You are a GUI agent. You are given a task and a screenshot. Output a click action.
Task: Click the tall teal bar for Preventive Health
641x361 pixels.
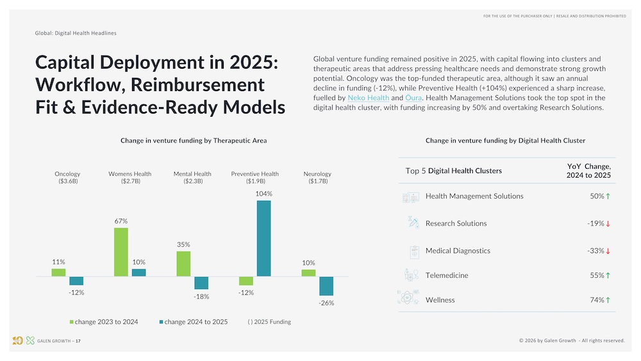tap(263, 239)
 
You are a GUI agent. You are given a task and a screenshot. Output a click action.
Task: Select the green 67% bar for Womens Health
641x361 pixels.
tap(121, 252)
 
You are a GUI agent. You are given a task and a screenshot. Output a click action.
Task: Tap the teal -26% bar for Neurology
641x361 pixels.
tap(326, 286)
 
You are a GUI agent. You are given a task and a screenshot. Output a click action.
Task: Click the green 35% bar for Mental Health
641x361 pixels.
tap(183, 264)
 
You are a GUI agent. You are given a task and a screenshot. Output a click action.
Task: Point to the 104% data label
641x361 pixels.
tap(263, 194)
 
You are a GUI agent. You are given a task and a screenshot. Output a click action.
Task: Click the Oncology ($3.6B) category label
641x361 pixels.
tap(67, 178)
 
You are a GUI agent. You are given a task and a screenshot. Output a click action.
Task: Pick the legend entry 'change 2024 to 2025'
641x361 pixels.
tap(194, 322)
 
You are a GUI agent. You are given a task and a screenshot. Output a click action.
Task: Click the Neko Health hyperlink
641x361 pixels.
tap(368, 97)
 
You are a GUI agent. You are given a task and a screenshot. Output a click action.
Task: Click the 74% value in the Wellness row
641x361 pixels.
tap(597, 300)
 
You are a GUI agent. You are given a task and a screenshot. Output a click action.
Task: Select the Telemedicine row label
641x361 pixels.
tap(447, 275)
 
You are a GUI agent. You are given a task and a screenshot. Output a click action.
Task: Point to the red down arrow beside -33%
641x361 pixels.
tap(608, 251)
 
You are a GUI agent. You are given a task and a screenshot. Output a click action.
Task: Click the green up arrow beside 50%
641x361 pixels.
tap(608, 196)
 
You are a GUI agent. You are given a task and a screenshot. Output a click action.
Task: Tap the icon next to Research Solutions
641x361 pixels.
tap(412, 223)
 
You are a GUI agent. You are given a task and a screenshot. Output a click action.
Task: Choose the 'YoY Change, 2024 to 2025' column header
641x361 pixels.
tap(588, 171)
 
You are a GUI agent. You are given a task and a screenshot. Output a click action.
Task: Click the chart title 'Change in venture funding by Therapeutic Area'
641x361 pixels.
tap(194, 140)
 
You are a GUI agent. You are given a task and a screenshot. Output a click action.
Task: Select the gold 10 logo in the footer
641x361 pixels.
tap(17, 340)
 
